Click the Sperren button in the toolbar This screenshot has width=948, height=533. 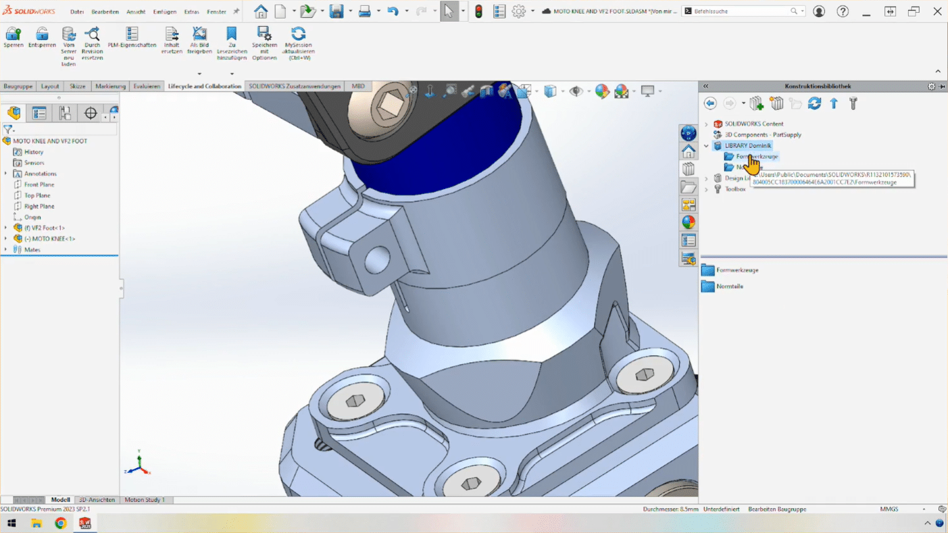point(13,37)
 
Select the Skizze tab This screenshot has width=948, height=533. point(77,86)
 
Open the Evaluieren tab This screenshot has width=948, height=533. point(147,86)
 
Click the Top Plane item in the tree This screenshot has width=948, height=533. point(37,195)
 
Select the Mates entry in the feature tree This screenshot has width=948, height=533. point(32,250)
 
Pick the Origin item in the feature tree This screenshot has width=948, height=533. point(32,218)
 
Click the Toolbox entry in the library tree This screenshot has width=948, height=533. point(735,189)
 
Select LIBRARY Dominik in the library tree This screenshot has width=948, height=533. point(747,146)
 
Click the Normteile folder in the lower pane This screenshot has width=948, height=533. point(729,286)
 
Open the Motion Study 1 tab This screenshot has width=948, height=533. point(144,500)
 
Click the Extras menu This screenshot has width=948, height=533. point(191,11)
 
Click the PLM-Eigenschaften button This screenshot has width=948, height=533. point(132,37)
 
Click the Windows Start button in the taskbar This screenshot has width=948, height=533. point(11,524)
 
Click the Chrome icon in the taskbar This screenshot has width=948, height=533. point(61,524)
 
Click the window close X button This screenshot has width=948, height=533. point(937,11)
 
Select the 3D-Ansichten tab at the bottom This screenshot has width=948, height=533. point(97,500)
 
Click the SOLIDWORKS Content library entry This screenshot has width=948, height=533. point(753,124)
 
